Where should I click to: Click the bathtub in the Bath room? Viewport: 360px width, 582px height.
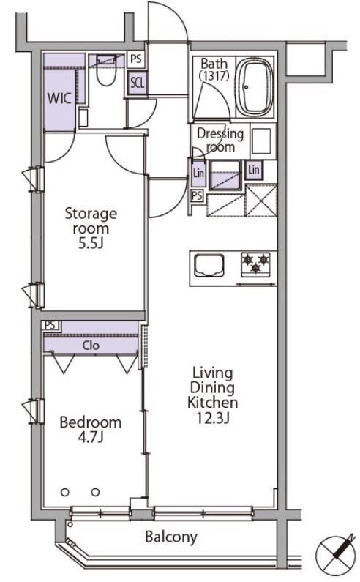(x=255, y=87)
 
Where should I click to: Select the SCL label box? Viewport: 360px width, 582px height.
(x=137, y=83)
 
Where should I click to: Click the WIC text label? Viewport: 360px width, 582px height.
(x=59, y=98)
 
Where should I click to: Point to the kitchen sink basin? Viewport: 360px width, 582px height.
(x=209, y=265)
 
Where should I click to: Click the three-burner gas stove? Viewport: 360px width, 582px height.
(x=255, y=264)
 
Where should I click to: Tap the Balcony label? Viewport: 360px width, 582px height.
(x=171, y=537)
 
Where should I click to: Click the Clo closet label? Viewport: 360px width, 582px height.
(x=91, y=346)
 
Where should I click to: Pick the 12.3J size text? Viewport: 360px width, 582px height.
(x=213, y=418)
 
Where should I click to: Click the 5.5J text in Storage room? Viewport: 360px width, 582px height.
(x=90, y=244)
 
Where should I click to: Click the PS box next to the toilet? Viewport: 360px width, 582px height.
(x=136, y=59)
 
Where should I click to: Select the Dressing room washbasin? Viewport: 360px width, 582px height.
(x=261, y=141)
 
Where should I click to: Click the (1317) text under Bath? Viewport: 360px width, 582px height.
(x=214, y=75)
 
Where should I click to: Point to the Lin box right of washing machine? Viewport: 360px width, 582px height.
(x=254, y=170)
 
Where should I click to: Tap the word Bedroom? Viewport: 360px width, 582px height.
(x=91, y=422)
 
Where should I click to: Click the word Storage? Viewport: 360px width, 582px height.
(x=91, y=214)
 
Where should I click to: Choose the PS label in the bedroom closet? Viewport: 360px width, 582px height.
(x=50, y=325)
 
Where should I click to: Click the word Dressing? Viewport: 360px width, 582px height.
(x=220, y=134)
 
